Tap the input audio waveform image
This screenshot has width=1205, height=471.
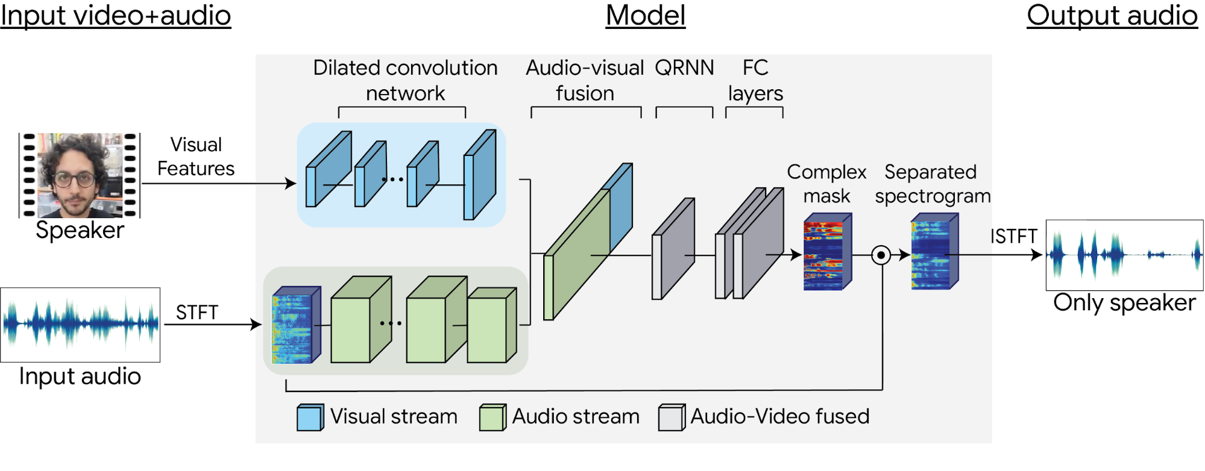click(80, 325)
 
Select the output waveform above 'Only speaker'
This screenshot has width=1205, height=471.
click(1124, 255)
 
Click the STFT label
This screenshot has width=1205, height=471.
click(197, 313)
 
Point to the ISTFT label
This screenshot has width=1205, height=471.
click(1013, 236)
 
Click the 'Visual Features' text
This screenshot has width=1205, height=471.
click(196, 157)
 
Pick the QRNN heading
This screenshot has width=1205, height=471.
click(684, 67)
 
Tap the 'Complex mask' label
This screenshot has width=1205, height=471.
click(826, 184)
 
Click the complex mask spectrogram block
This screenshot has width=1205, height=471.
click(827, 253)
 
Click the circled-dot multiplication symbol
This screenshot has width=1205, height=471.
click(881, 255)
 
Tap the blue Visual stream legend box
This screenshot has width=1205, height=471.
click(310, 417)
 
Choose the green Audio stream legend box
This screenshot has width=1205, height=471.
click(492, 417)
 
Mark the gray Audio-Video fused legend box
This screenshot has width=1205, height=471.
click(672, 417)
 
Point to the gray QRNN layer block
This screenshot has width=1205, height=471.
click(673, 249)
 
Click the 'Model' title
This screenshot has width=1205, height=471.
click(646, 15)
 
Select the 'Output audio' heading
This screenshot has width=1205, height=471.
click(1112, 15)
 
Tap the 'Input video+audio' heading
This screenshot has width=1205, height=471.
click(116, 15)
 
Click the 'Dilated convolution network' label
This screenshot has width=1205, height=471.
click(405, 80)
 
